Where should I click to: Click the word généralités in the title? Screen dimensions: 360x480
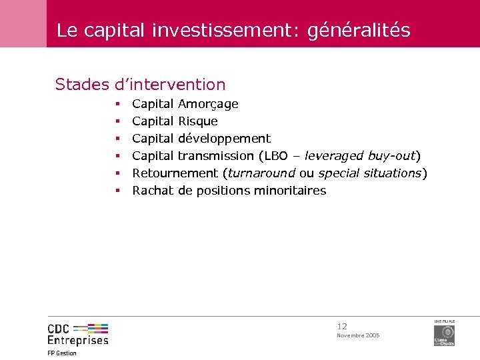[x=359, y=31]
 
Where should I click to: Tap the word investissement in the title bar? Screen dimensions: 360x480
[x=227, y=31]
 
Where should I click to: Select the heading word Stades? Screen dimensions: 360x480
[x=82, y=85]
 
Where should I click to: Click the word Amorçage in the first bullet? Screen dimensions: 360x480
[x=208, y=104]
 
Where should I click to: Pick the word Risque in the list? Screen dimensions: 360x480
[x=198, y=121]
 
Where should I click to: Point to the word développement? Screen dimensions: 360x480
[x=224, y=139]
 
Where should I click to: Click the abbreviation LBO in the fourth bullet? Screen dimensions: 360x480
[x=278, y=156]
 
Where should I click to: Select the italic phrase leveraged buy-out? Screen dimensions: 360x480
[x=360, y=156]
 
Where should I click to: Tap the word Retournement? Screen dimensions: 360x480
[x=176, y=173]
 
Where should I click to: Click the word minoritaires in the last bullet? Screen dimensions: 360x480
[x=288, y=191]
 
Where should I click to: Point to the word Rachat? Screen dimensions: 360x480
[x=153, y=191]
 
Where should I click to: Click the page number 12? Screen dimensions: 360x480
[x=342, y=327]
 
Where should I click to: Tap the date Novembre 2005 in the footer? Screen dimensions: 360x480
[x=358, y=335]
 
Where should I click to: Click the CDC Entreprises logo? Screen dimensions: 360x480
[x=77, y=334]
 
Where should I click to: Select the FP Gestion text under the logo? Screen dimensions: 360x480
[x=62, y=353]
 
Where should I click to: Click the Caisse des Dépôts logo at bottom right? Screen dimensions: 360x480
[x=444, y=333]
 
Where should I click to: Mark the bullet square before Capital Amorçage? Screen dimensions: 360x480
[x=116, y=105]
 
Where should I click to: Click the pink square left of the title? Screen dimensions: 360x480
[x=23, y=23]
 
